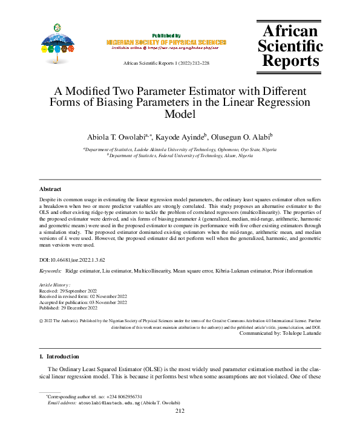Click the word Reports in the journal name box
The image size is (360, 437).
290,60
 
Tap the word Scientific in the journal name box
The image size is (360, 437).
290,45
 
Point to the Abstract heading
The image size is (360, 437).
50,189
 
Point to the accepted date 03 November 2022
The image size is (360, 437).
101,302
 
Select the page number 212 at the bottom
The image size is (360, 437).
179,412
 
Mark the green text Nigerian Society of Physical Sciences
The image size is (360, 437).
166,42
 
